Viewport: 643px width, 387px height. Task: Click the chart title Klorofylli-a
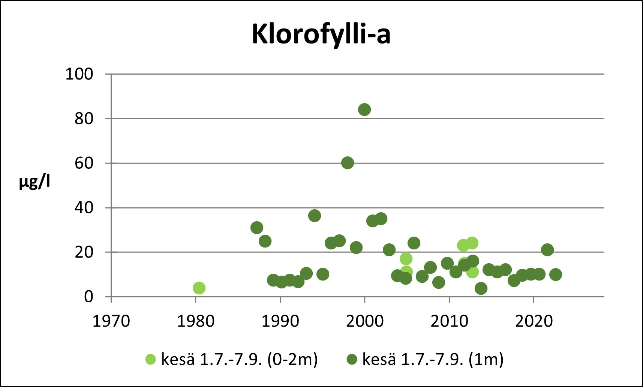[x=321, y=34]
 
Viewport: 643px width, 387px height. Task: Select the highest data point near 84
[x=364, y=109]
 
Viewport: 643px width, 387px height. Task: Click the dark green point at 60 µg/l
[x=348, y=163]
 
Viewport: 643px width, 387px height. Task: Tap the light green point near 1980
[x=199, y=288]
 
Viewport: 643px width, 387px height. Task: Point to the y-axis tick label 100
[x=79, y=74]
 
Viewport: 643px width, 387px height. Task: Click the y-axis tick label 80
[x=84, y=119]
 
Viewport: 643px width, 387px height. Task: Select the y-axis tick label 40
[x=84, y=208]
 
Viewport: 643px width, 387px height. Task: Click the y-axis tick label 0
[x=88, y=297]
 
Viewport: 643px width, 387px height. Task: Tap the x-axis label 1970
[x=111, y=321]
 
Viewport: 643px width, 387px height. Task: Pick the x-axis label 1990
[x=280, y=321]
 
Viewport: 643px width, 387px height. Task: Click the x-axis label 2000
[x=364, y=321]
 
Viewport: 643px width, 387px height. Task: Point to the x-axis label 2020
[x=534, y=321]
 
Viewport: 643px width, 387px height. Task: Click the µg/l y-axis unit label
[x=34, y=182]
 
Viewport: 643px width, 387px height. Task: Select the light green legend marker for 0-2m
[x=150, y=359]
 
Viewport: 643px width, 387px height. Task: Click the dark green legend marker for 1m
[x=352, y=359]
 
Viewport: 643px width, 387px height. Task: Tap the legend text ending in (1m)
[x=433, y=359]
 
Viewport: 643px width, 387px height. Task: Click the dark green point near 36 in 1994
[x=315, y=216]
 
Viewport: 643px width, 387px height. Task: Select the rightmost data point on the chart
[x=556, y=274]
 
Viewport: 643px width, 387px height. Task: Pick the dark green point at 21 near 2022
[x=547, y=250]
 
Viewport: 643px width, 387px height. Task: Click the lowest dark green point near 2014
[x=481, y=288]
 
